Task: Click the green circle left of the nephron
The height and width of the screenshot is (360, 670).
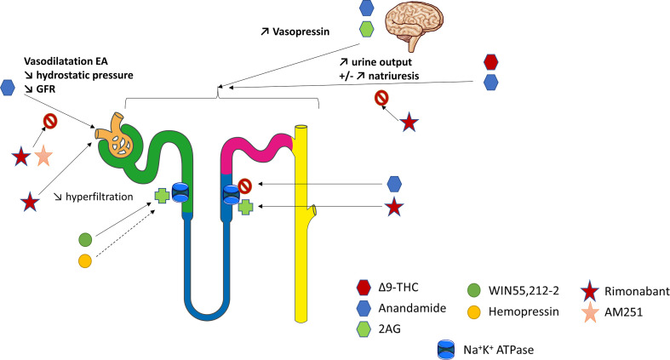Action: (85, 238)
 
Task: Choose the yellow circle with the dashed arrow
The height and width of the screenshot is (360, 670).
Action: (85, 260)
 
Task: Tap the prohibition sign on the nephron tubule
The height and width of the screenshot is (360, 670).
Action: (245, 183)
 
